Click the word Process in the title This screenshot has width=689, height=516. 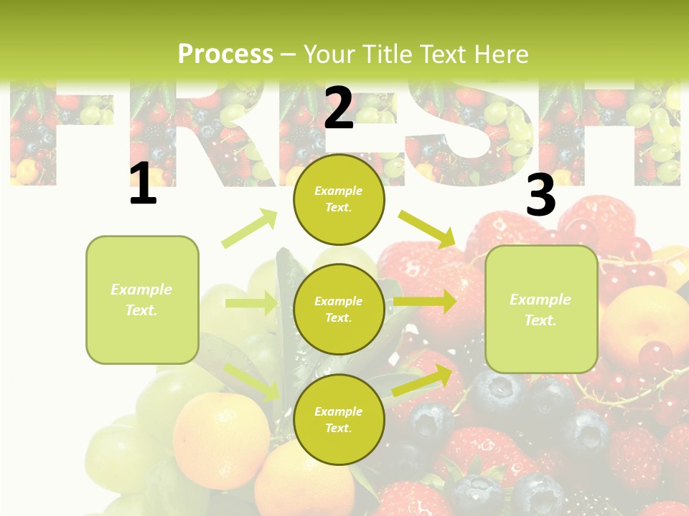click(x=225, y=54)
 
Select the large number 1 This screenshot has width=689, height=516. click(x=143, y=184)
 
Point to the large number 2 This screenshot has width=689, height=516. click(x=339, y=108)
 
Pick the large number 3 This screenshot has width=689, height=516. click(x=540, y=195)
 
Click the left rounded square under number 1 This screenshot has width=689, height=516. click(x=142, y=300)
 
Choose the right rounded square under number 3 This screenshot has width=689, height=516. click(x=541, y=309)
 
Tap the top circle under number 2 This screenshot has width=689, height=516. click(x=339, y=199)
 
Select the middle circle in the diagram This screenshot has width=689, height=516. click(x=339, y=309)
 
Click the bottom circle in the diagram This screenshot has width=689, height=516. click(x=339, y=419)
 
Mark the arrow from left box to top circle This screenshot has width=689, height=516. click(x=250, y=229)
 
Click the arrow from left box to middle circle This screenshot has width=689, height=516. click(x=251, y=303)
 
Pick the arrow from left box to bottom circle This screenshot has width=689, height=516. click(x=252, y=382)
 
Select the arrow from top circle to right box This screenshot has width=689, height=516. click(x=428, y=229)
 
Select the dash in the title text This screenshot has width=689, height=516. click(x=289, y=54)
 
